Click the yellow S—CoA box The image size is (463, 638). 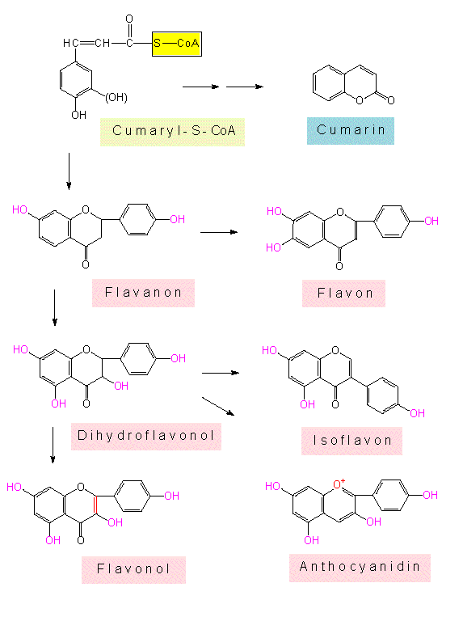click(177, 44)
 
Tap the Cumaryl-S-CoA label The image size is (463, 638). click(173, 132)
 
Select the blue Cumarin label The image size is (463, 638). click(351, 131)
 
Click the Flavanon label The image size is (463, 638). click(143, 293)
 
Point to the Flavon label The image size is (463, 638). click(344, 294)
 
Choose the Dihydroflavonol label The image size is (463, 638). click(146, 436)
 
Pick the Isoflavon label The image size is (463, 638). click(351, 441)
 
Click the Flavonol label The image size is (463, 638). click(133, 569)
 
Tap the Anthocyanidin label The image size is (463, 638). click(360, 568)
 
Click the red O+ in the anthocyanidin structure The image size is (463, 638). click(339, 484)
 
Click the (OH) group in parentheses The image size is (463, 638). click(116, 98)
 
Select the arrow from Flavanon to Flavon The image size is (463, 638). click(219, 232)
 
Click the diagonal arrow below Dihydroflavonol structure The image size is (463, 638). click(218, 407)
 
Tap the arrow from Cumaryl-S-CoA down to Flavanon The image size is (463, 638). click(69, 171)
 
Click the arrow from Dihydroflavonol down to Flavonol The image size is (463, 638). click(53, 445)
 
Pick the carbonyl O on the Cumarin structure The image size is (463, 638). click(390, 100)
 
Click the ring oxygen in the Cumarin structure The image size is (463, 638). click(360, 100)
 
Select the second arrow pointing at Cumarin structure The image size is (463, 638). click(245, 87)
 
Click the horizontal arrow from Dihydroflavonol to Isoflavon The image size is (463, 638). click(221, 373)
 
